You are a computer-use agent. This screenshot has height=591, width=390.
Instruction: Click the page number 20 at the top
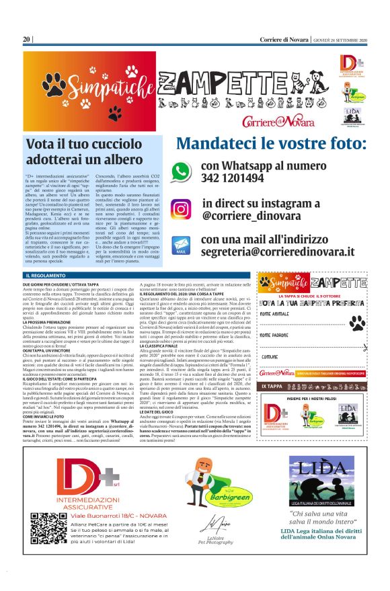coord(26,39)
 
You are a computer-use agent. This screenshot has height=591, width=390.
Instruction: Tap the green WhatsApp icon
coord(181,172)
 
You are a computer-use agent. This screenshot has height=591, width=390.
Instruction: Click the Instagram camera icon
coord(180,209)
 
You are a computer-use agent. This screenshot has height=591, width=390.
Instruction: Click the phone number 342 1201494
coord(233,179)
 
